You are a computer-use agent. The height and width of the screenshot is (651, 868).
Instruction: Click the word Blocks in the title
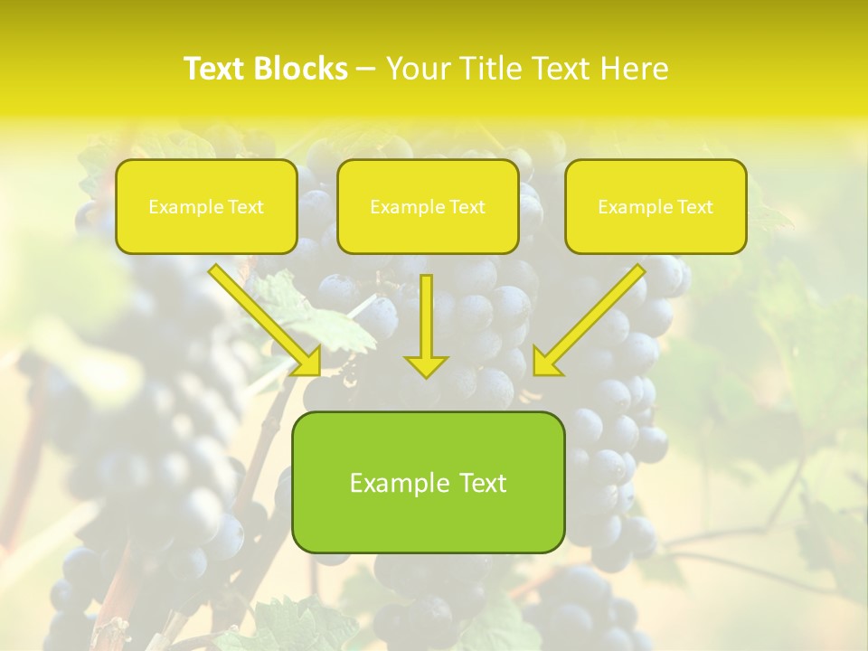[303, 69]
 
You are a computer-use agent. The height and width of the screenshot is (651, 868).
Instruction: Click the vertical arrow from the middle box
[426, 316]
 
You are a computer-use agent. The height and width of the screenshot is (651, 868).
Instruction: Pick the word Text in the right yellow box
[694, 207]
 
